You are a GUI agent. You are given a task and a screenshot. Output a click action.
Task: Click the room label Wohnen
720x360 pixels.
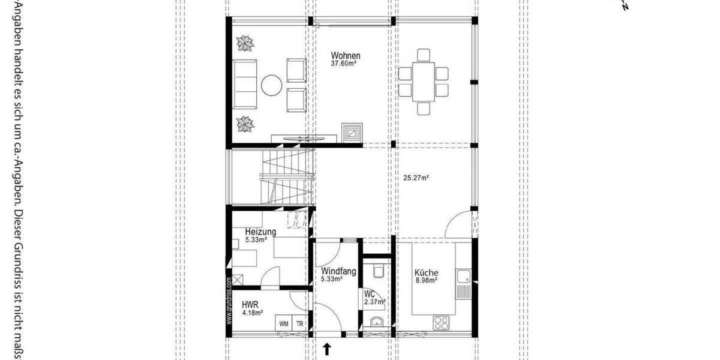pyautogui.click(x=346, y=56)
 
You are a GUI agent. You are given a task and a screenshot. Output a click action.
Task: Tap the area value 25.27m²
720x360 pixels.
pyautogui.click(x=415, y=178)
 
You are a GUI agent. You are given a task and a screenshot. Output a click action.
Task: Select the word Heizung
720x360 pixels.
pyautogui.click(x=260, y=232)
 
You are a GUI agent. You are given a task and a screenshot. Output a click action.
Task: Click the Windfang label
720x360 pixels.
pyautogui.click(x=338, y=271)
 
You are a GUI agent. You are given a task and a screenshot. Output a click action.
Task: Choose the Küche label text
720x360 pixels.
pyautogui.click(x=426, y=272)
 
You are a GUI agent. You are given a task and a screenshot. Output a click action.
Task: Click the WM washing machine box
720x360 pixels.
pyautogui.click(x=283, y=323)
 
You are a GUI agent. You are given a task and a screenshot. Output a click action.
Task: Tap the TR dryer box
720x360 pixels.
pyautogui.click(x=299, y=323)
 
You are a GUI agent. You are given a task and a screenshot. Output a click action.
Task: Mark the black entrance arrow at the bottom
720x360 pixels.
pyautogui.click(x=327, y=349)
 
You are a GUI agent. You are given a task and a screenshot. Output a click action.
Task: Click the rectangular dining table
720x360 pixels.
pyautogui.click(x=424, y=82)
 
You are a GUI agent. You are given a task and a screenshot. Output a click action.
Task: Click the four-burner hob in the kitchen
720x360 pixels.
pyautogui.click(x=442, y=322)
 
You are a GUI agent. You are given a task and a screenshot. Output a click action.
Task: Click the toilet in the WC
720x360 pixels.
pyautogui.click(x=378, y=271)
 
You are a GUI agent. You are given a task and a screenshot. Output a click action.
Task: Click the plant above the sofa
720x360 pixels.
pyautogui.click(x=245, y=44)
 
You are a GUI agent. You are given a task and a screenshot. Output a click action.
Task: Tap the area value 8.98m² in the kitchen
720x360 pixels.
pyautogui.click(x=426, y=280)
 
